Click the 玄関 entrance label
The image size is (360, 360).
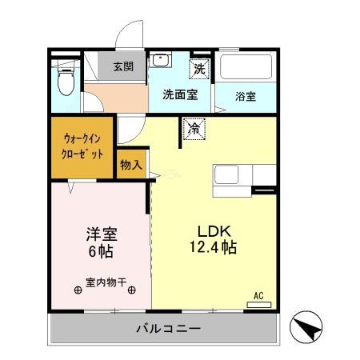tap(122, 67)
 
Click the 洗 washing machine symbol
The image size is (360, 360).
tap(198, 68)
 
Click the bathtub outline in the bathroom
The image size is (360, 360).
tap(246, 67)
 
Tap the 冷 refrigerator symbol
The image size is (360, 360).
tap(194, 126)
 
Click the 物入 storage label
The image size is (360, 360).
tap(132, 166)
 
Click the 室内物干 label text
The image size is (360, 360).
tap(105, 282)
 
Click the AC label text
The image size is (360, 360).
tap(258, 296)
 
